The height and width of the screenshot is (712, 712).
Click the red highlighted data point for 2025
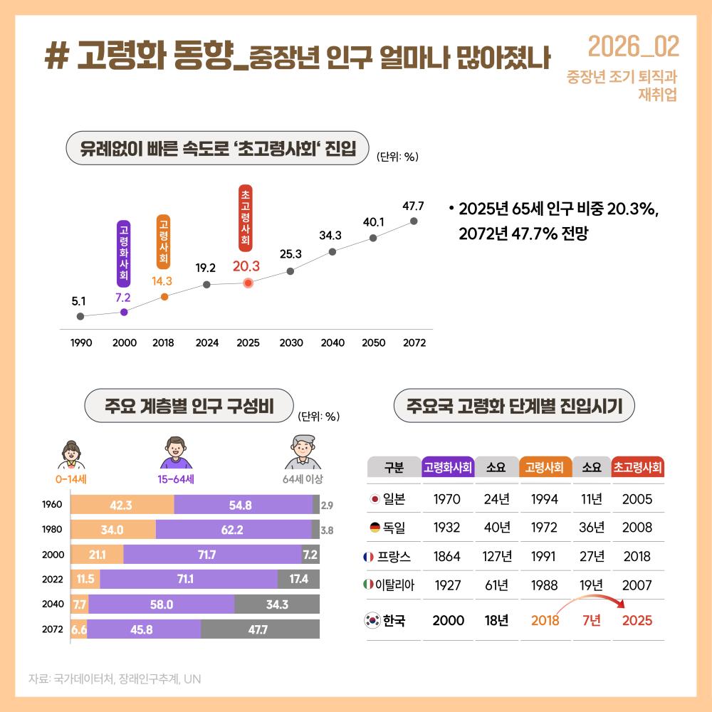point(248,283)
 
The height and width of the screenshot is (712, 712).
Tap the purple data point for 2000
point(125,312)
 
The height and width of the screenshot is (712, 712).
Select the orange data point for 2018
point(164,296)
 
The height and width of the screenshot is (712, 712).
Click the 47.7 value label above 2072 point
point(414,206)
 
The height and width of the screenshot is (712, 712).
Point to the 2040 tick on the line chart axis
point(333,342)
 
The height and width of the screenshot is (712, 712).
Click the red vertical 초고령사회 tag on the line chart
point(246,218)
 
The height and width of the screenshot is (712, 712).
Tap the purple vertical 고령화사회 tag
point(124,253)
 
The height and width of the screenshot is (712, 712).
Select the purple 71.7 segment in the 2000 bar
point(212,554)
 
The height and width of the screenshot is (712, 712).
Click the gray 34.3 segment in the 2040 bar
point(276,605)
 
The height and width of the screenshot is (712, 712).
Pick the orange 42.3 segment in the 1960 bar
point(122,505)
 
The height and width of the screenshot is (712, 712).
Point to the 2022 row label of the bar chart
point(52,580)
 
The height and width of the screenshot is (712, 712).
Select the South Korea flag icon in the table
point(373,620)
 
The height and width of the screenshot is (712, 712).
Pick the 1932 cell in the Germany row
point(447,528)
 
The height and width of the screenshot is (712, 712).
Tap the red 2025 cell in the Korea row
point(637,620)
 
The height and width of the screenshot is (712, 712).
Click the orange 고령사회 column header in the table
point(545,468)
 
